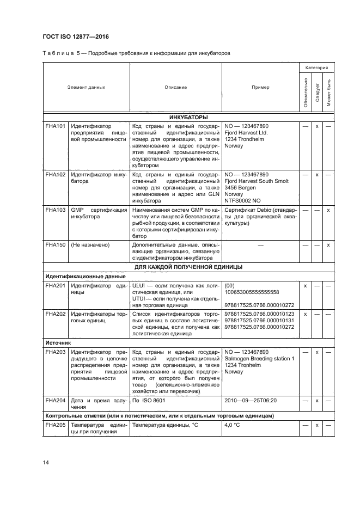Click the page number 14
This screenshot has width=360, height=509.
tap(45, 463)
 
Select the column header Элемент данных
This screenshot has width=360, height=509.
tap(86, 87)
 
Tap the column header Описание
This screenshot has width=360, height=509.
tap(175, 87)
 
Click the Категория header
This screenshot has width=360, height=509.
tap(316, 68)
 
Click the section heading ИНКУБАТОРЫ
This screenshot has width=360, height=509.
tap(188, 117)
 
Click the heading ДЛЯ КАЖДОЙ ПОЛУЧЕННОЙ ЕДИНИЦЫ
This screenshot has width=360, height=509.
tap(188, 267)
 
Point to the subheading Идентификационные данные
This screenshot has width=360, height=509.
tap(77, 276)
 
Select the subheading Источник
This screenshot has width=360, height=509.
tap(57, 344)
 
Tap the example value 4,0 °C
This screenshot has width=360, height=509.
tap(233, 426)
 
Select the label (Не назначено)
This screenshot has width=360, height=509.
tap(90, 246)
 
